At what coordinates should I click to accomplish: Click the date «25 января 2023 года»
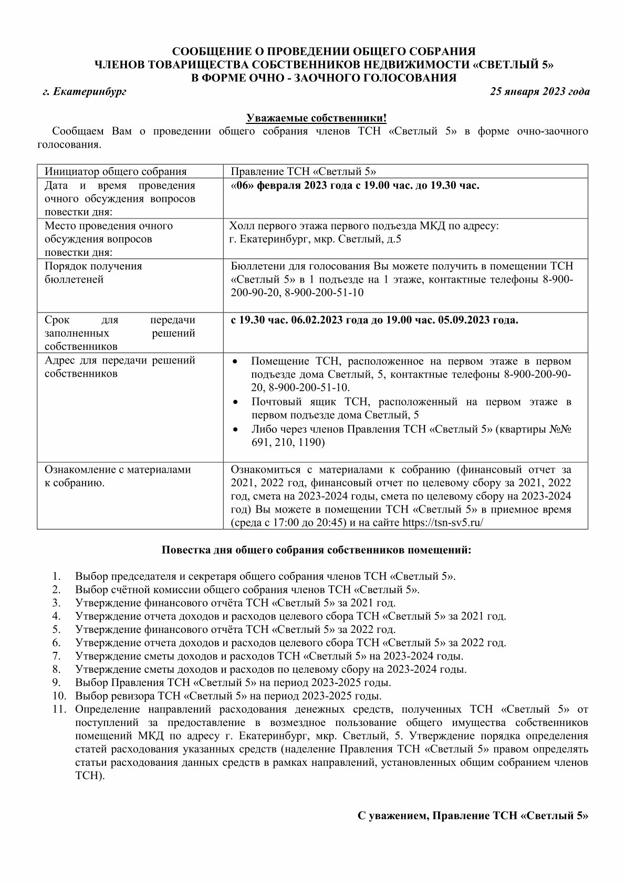[539, 91]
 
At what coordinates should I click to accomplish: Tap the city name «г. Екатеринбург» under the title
[85, 91]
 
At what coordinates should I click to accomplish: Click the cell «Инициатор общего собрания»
[116, 172]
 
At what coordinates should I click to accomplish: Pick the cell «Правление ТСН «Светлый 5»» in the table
[303, 172]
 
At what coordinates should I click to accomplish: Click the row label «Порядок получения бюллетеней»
[93, 273]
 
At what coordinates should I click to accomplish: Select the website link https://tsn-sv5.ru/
[442, 523]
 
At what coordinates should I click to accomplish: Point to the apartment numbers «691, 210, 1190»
[288, 442]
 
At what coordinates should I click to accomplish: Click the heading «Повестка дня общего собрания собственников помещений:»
[316, 550]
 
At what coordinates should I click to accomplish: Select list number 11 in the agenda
[59, 709]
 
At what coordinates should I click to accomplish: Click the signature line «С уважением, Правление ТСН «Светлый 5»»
[473, 816]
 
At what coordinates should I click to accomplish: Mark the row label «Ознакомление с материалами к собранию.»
[118, 476]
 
